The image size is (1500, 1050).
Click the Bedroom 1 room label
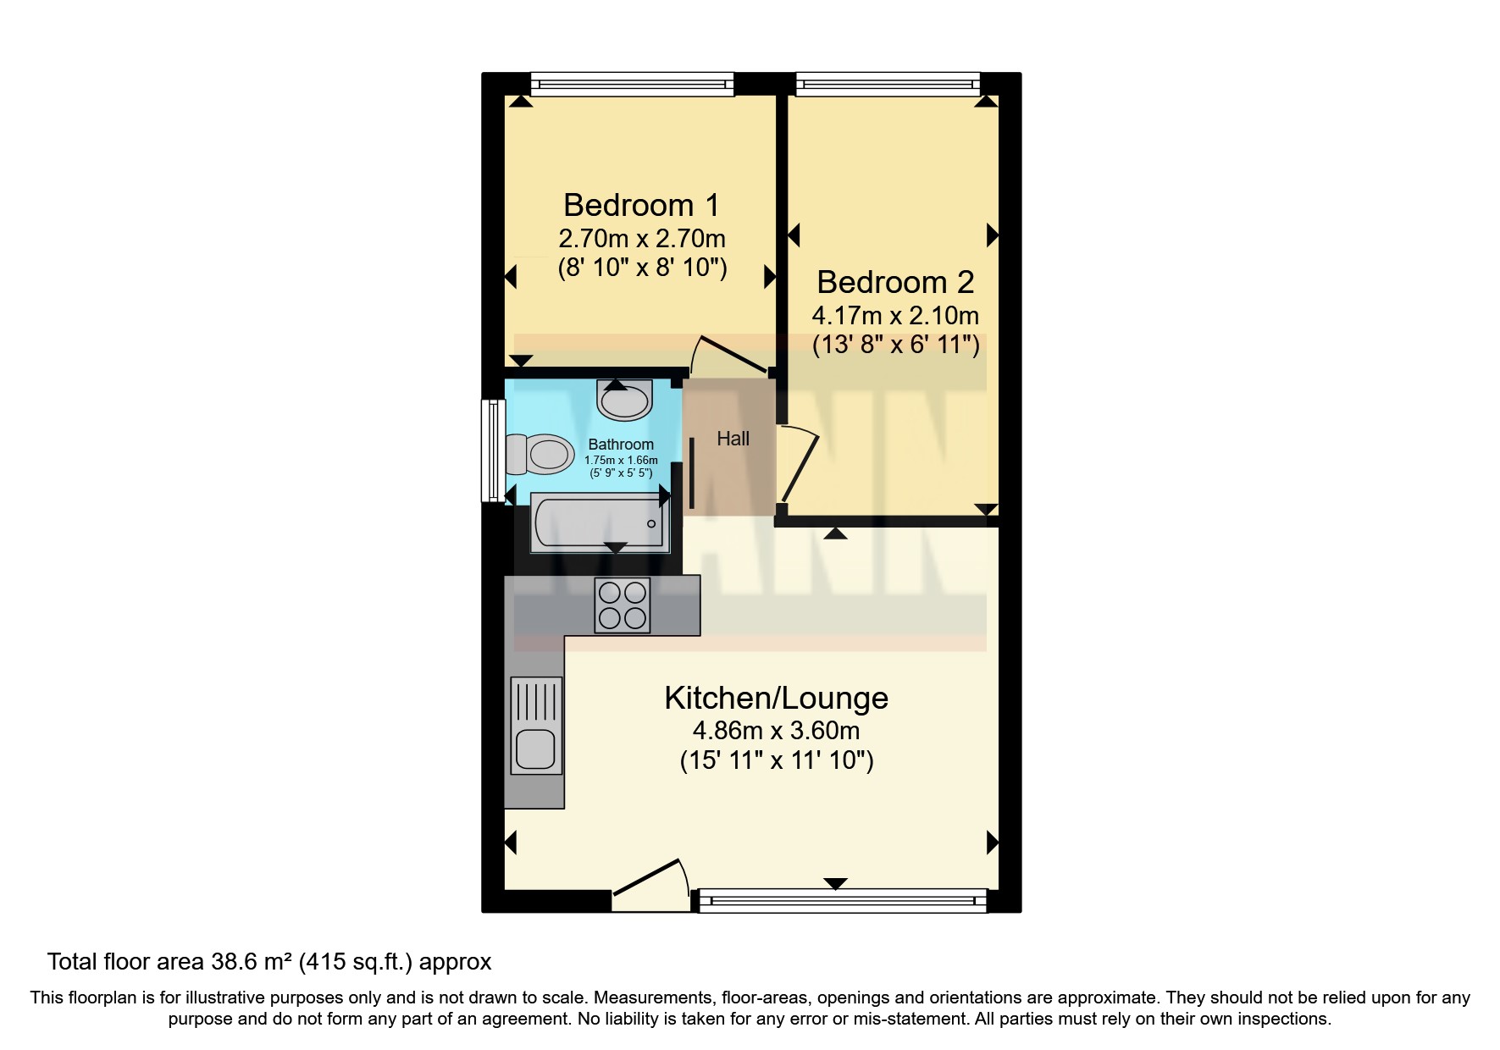click(641, 205)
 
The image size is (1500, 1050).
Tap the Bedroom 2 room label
click(895, 282)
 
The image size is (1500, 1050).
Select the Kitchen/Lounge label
click(776, 699)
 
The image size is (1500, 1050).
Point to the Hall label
click(733, 439)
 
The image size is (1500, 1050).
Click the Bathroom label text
click(621, 445)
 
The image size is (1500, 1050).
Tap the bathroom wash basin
click(625, 401)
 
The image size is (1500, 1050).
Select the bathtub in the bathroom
click(599, 523)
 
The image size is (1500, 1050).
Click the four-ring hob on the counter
click(623, 605)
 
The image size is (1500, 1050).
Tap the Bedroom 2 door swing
click(799, 466)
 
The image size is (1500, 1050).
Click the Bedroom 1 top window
click(632, 83)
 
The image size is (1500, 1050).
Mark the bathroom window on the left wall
click(492, 450)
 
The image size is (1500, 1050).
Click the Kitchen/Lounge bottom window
click(841, 901)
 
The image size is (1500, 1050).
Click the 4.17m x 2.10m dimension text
click(895, 317)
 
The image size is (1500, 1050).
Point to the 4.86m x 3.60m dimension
click(776, 730)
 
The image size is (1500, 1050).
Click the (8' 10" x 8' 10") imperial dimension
click(642, 268)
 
